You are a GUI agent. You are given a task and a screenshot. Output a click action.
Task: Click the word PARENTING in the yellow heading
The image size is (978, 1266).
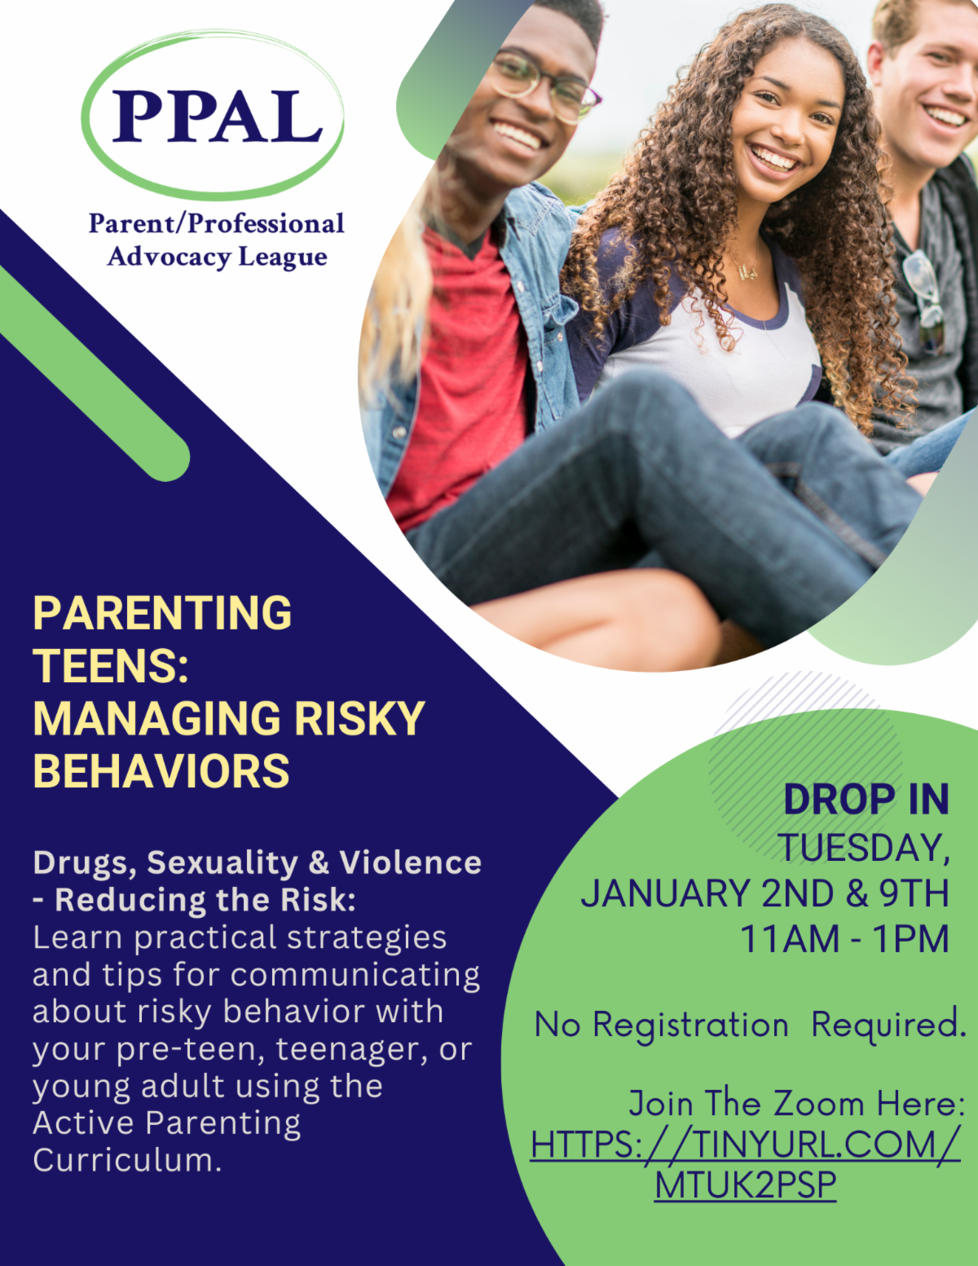pos(162,613)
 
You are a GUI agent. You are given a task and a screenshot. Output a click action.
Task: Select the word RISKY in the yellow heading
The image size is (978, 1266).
pos(359,718)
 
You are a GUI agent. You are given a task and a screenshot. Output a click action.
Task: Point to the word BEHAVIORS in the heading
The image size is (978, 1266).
pos(161,771)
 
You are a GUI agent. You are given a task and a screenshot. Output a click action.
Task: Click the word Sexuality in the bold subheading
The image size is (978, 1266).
pos(222,862)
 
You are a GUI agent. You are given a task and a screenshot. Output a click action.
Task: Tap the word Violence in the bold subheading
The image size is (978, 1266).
pos(410,862)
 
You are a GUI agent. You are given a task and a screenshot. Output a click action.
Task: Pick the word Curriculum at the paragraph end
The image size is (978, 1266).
pos(126,1160)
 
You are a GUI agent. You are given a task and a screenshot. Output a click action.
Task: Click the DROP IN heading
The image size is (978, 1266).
pos(866,800)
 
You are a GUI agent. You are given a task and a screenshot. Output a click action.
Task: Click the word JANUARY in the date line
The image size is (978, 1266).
pos(665,893)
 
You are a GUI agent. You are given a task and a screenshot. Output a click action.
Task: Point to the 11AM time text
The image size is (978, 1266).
pos(790,939)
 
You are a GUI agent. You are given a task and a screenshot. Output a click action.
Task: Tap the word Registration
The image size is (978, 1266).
pos(690,1026)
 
